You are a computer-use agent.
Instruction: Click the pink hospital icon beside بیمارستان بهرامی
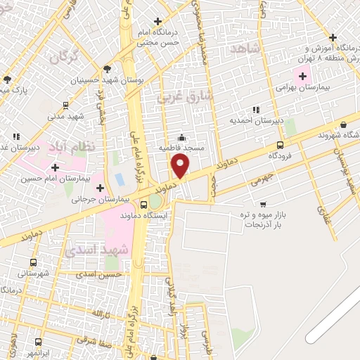click(303, 76)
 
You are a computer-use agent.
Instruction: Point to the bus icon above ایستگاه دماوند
click(144, 205)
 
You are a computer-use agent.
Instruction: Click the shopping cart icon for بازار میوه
click(263, 204)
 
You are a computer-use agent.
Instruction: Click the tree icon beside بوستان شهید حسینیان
click(108, 69)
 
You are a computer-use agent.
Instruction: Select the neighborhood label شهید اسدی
click(96, 250)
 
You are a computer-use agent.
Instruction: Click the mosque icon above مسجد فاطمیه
click(183, 138)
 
